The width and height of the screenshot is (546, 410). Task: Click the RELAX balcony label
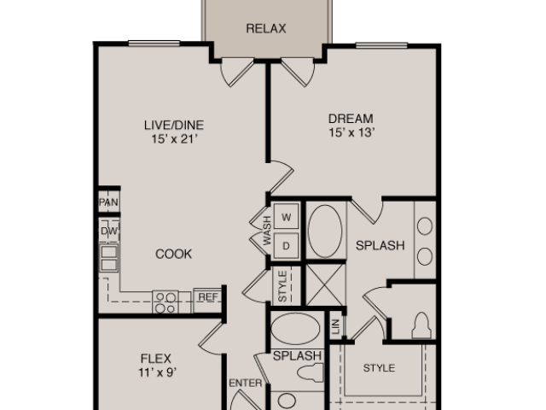point(266,28)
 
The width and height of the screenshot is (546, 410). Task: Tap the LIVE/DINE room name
point(174,125)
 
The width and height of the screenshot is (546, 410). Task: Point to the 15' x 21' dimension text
point(174,139)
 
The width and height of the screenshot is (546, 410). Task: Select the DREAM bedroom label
point(351,119)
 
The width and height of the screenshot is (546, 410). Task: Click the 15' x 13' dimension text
point(351,132)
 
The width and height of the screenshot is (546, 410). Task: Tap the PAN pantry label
point(108,202)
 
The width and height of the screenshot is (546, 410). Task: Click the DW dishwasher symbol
point(109,231)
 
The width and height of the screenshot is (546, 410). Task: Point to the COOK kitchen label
point(173,254)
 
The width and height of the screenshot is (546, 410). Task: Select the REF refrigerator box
point(207,300)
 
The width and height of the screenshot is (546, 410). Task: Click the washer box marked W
point(287,217)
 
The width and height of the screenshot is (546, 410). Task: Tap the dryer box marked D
point(287,246)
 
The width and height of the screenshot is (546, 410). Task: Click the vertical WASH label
point(267,231)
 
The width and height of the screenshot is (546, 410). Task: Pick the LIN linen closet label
point(335,327)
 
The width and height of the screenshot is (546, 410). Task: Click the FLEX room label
point(155,359)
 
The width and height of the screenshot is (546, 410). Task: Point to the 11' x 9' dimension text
point(158,372)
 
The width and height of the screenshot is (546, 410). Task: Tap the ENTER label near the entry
point(246,384)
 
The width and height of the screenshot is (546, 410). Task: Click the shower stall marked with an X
point(325,284)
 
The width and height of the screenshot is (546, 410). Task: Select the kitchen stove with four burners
point(166,302)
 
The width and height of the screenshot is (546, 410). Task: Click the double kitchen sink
point(109,258)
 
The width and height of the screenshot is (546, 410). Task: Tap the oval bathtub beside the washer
point(325,231)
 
